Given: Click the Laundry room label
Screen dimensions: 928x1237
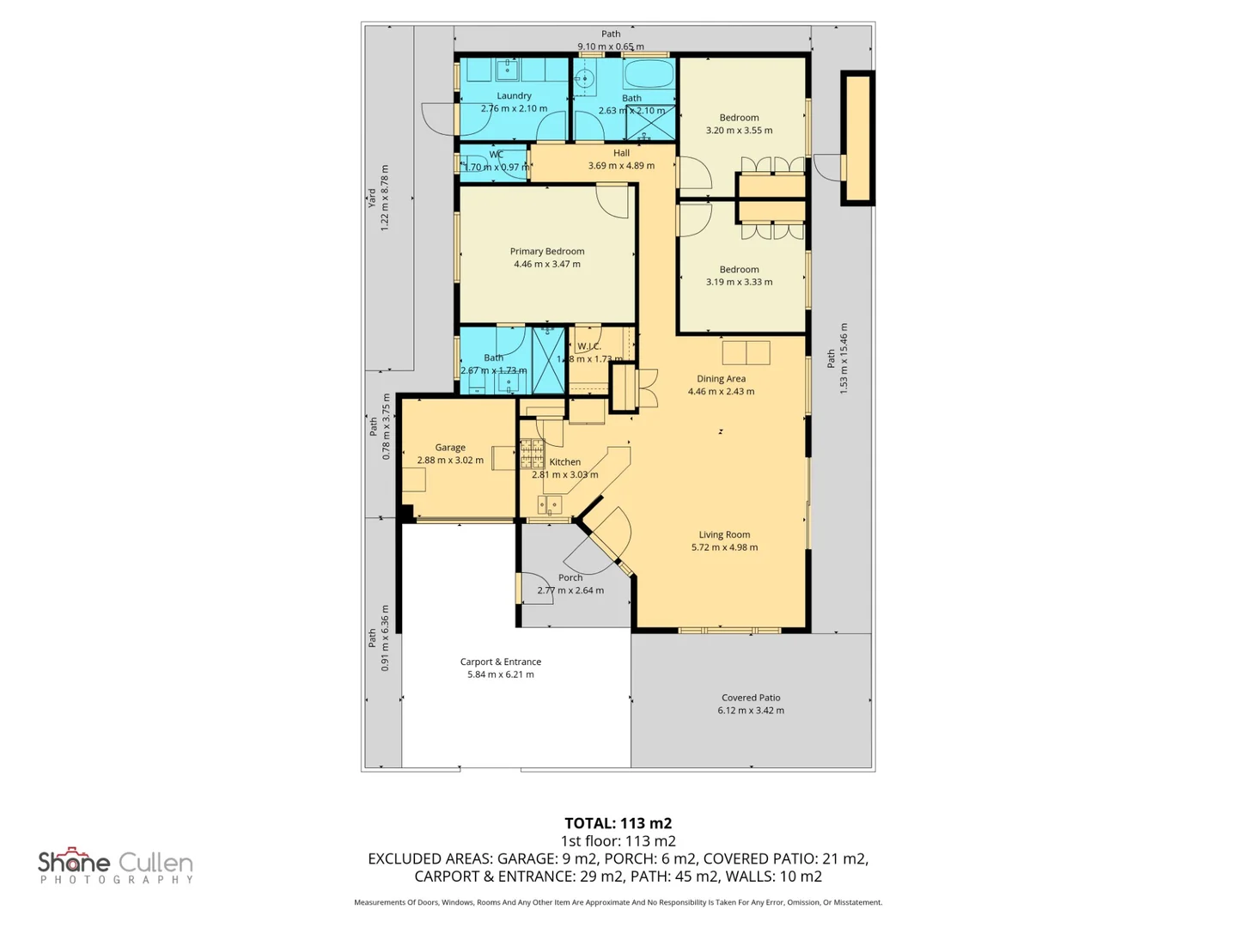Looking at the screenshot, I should click(x=514, y=96).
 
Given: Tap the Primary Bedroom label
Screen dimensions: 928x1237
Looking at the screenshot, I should click(x=547, y=252).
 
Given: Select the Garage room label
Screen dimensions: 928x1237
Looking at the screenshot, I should click(x=450, y=448).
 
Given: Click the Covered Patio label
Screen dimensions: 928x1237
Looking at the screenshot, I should click(x=751, y=698).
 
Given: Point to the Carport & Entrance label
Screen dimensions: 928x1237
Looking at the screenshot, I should click(x=501, y=662).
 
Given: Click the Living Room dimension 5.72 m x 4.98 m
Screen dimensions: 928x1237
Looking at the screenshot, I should click(x=724, y=547).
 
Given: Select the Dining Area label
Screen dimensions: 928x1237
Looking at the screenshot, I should click(x=721, y=379).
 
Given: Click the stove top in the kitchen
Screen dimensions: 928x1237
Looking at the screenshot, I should click(x=532, y=453).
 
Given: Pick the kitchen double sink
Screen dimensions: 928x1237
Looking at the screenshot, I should click(x=549, y=504).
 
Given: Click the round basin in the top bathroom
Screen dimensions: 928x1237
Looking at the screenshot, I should click(x=584, y=80).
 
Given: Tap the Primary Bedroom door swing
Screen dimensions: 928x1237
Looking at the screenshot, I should click(x=613, y=201).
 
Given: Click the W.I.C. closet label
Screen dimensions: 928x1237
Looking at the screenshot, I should click(x=588, y=346).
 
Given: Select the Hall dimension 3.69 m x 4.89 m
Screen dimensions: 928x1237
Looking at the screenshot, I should click(x=621, y=166).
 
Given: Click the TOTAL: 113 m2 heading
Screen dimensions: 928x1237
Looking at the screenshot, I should click(x=618, y=823).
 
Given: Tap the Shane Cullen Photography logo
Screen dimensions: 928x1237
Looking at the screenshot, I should click(x=116, y=865).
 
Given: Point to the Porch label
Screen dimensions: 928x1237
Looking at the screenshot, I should click(x=570, y=577).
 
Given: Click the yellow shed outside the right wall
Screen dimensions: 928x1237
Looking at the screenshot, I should click(x=856, y=138).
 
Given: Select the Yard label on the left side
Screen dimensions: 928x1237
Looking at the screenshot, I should click(x=372, y=198).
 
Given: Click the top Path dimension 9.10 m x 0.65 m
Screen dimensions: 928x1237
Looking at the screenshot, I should click(x=610, y=46).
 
